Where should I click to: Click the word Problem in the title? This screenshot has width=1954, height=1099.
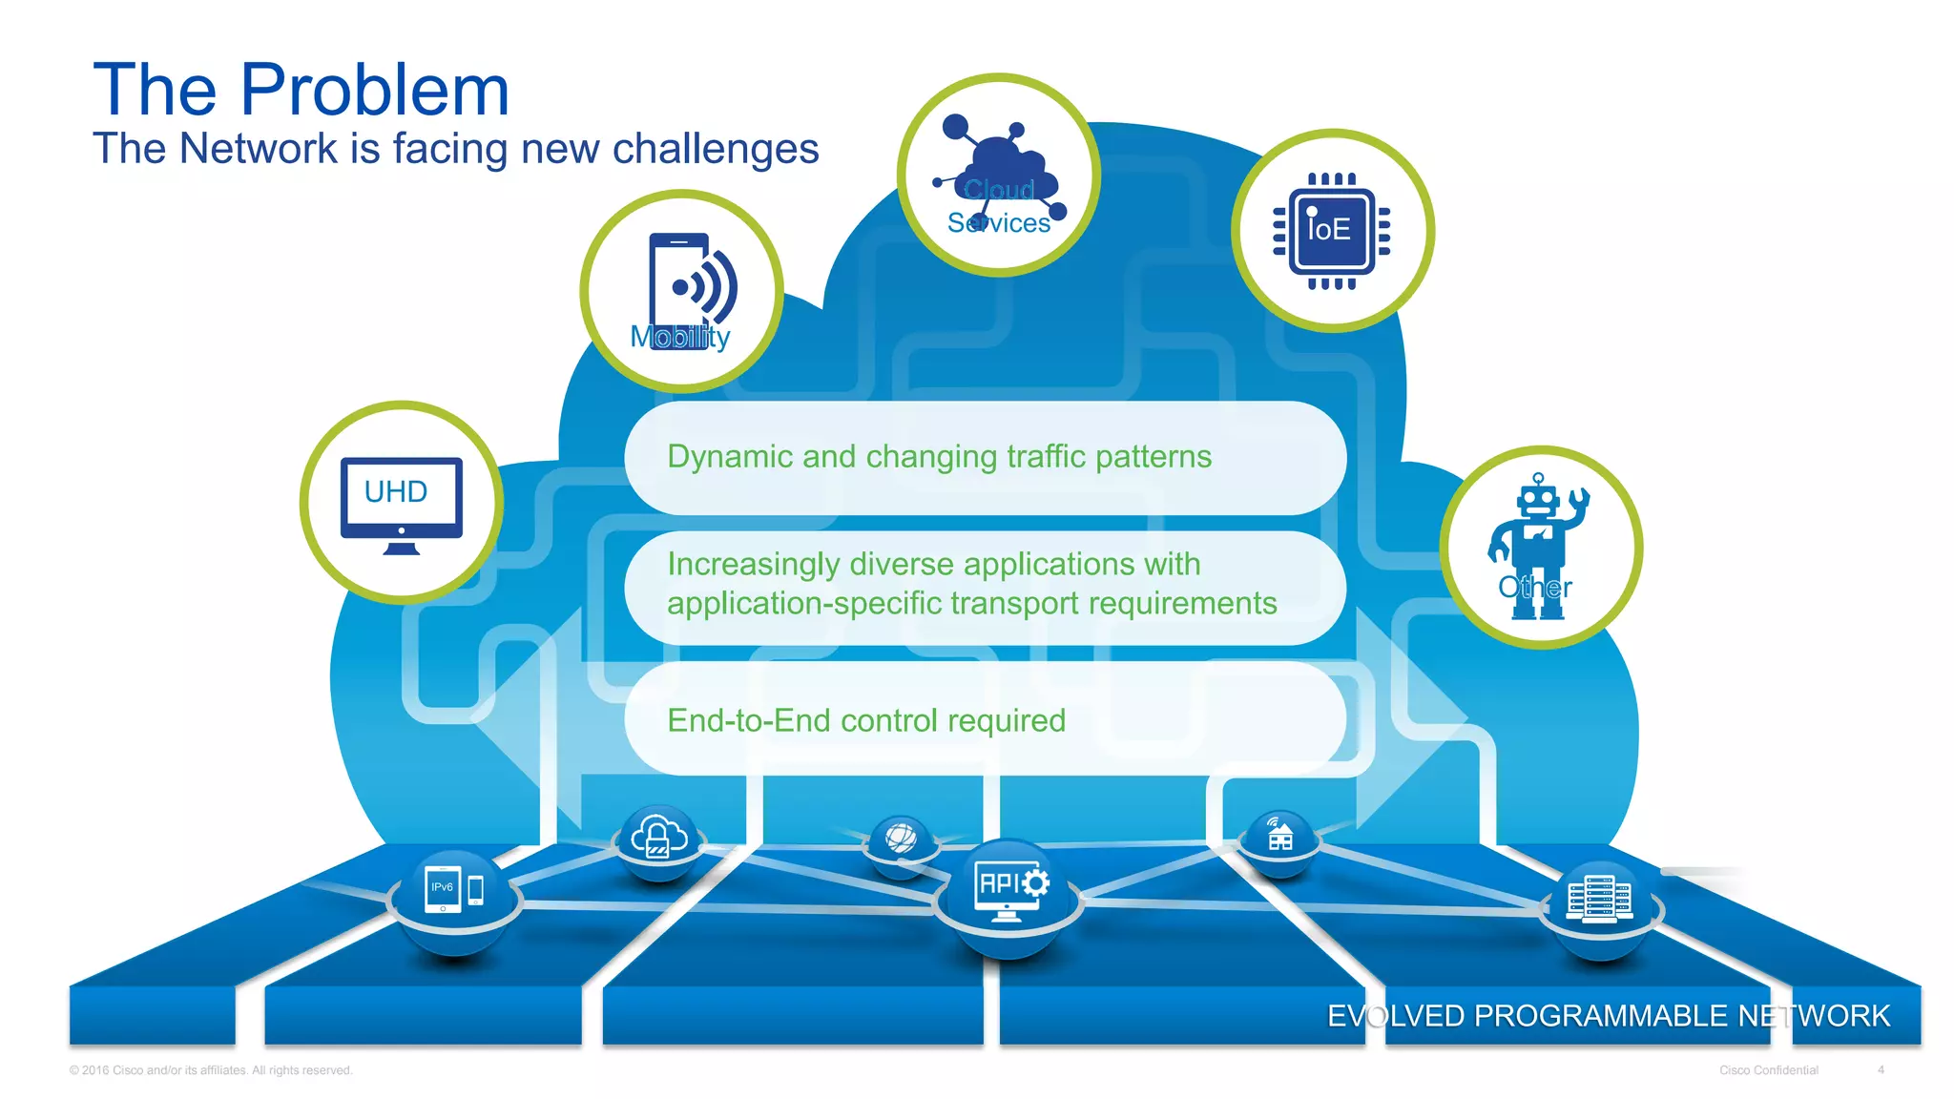[374, 91]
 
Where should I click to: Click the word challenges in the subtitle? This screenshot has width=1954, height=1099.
[715, 149]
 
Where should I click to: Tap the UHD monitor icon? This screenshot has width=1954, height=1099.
[402, 504]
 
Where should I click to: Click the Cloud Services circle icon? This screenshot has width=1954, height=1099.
[998, 176]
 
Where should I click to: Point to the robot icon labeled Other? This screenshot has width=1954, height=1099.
[1537, 546]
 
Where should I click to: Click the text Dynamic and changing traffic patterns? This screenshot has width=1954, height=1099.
[939, 457]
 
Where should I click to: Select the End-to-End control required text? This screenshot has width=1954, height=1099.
[865, 720]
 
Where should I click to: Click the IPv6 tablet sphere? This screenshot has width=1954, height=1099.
[454, 891]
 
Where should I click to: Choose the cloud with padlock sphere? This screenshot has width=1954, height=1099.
[657, 838]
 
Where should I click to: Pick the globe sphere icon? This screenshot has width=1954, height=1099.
[900, 840]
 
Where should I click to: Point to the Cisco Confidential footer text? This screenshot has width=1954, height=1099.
[1768, 1070]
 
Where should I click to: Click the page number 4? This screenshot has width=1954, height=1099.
[1881, 1070]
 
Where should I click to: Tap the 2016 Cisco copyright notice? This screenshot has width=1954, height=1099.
[211, 1070]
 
